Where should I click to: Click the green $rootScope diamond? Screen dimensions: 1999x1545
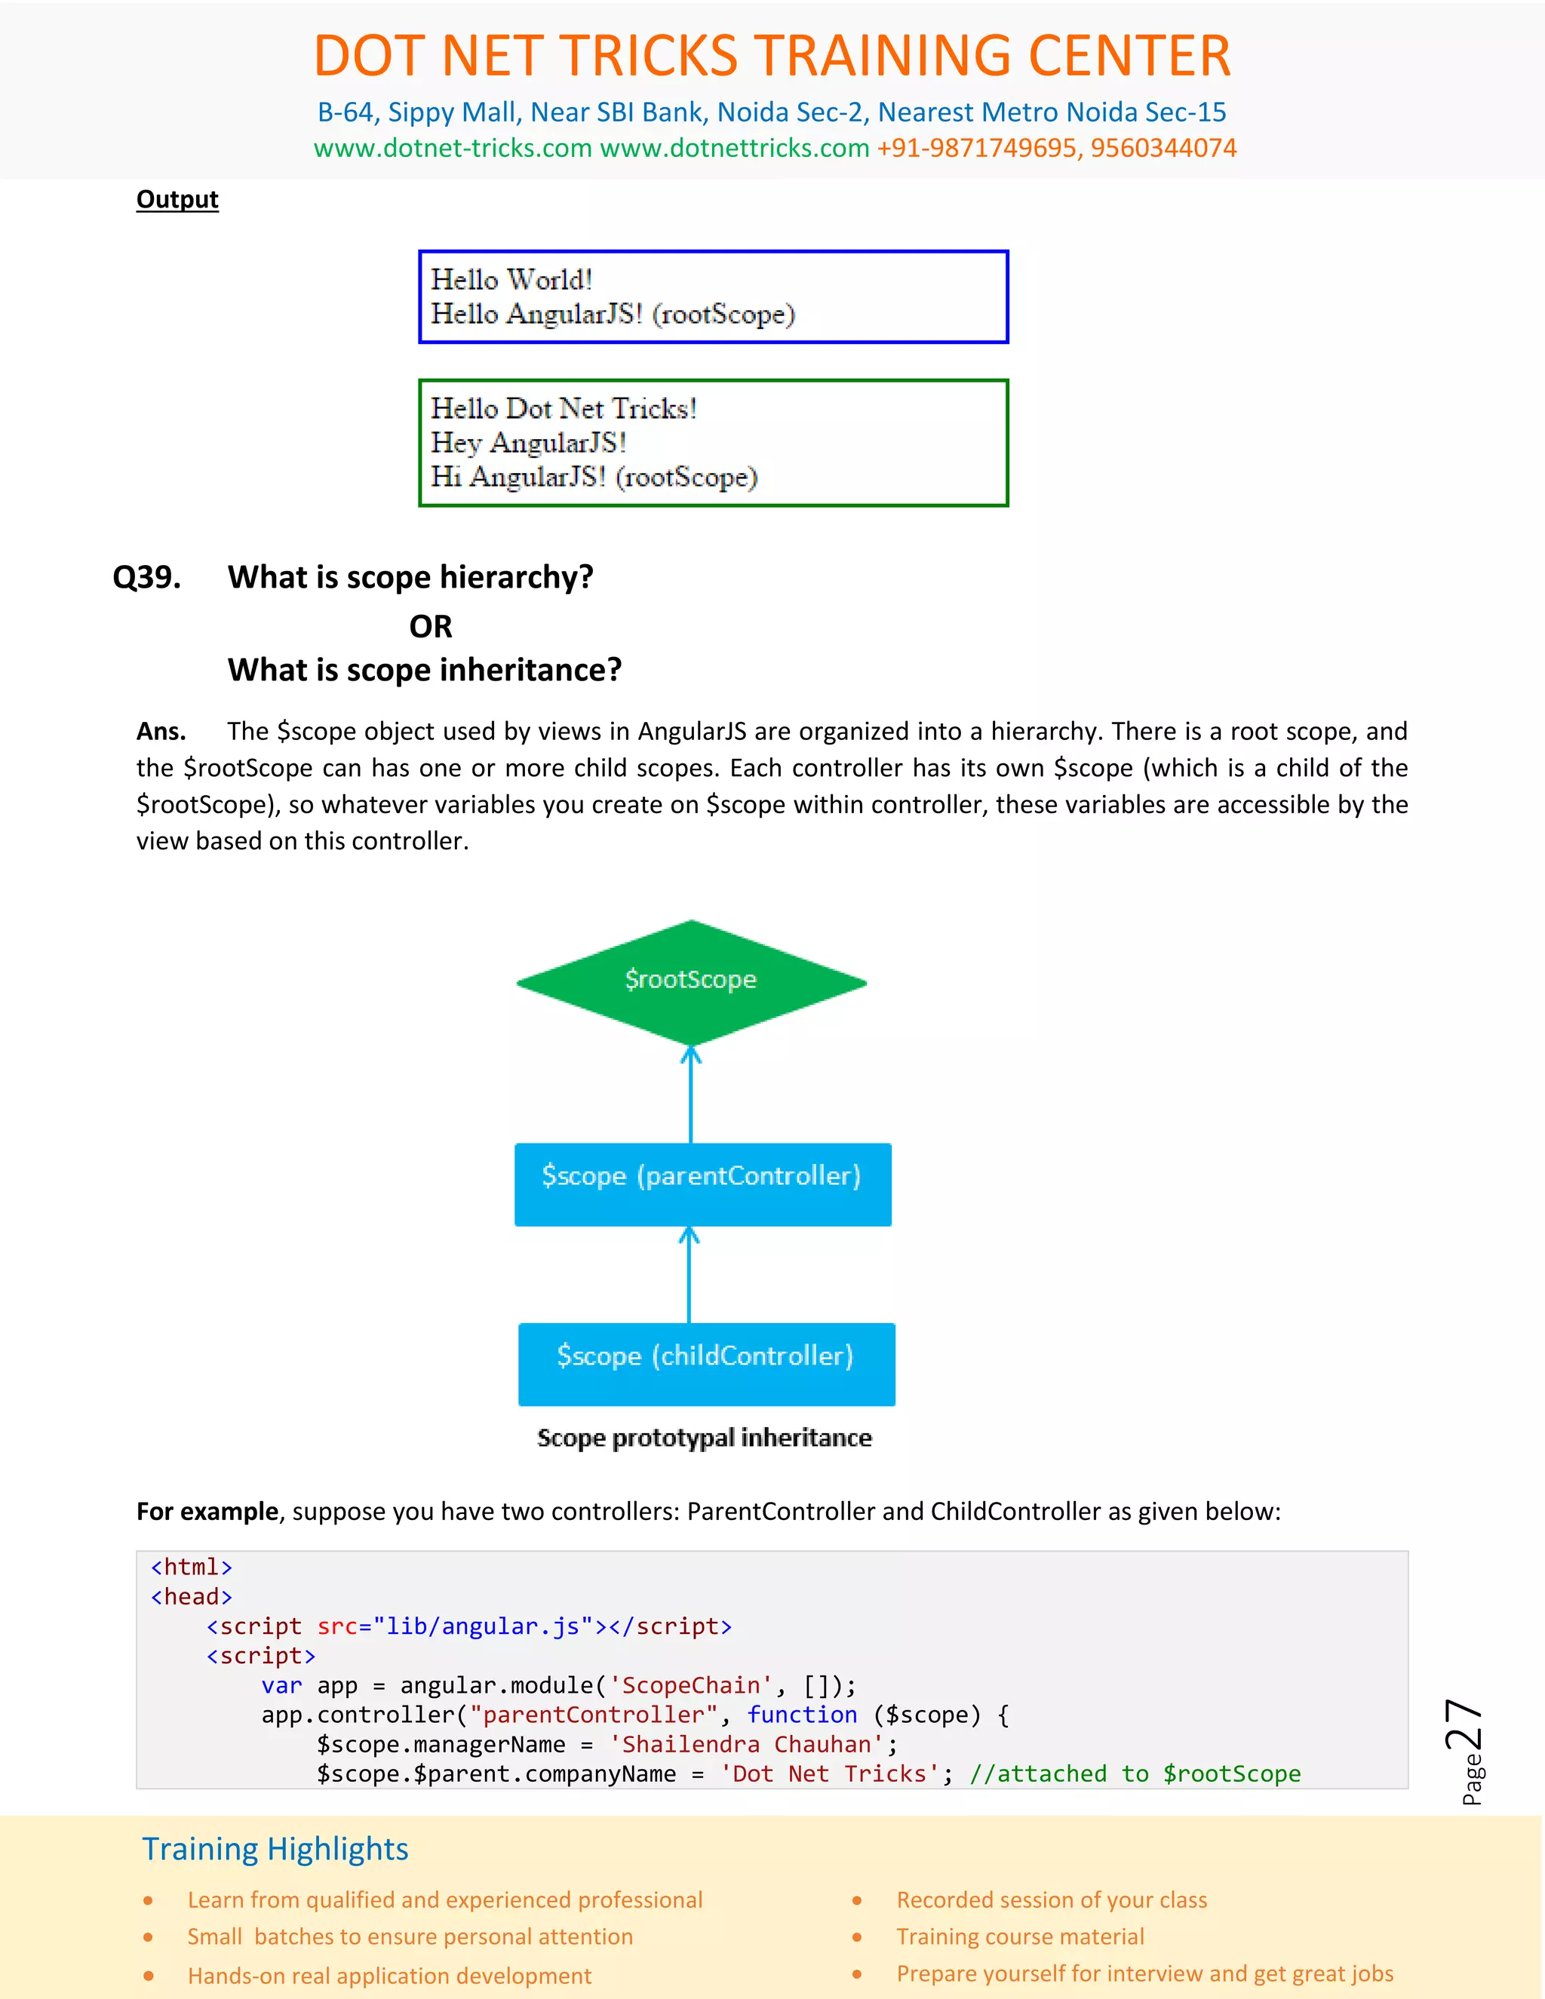[x=691, y=981]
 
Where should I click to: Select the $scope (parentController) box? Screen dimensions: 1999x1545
[x=702, y=1184]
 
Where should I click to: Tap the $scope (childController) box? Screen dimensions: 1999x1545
[x=705, y=1363]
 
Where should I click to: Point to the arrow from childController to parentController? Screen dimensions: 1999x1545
[x=690, y=1275]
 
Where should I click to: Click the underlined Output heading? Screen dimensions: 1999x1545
[x=177, y=200]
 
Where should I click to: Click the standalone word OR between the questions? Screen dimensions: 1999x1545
[x=430, y=627]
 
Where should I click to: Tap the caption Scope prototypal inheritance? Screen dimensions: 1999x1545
[x=704, y=1438]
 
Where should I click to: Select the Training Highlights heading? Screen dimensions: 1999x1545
[x=275, y=1849]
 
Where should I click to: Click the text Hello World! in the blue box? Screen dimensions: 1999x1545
[x=511, y=279]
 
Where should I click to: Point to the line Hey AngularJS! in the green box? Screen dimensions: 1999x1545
[x=528, y=443]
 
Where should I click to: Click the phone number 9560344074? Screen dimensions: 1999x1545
[x=1163, y=149]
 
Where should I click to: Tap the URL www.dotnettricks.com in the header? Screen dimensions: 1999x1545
[x=734, y=149]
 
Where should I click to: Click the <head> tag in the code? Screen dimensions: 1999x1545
[x=192, y=1596]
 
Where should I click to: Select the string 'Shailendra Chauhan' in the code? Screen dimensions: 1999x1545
[x=747, y=1745]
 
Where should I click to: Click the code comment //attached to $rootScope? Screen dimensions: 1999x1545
[x=1135, y=1774]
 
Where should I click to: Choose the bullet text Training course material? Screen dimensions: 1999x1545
[x=1020, y=1936]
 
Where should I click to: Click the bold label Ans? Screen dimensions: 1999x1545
[x=161, y=731]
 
